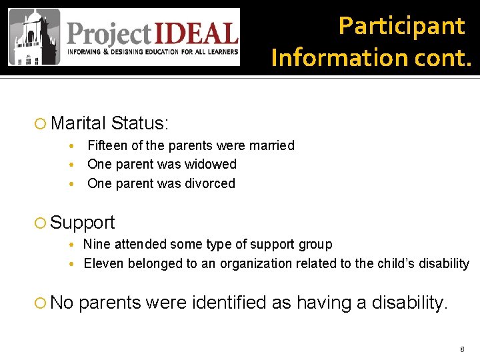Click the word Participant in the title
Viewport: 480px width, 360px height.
pos(401,26)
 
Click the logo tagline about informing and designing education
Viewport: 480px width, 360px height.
pos(152,51)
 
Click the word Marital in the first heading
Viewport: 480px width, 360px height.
pos(78,123)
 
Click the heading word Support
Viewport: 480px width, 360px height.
pos(83,223)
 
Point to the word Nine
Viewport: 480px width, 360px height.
pos(97,245)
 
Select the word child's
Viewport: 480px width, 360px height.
pos(384,263)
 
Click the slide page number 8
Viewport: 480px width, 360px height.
pos(461,349)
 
